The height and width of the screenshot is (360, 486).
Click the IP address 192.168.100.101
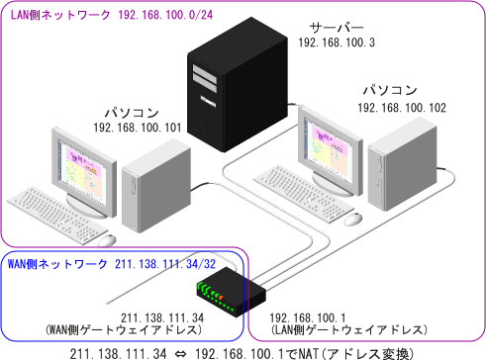[138, 128]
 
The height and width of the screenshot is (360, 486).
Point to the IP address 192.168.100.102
[401, 107]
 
